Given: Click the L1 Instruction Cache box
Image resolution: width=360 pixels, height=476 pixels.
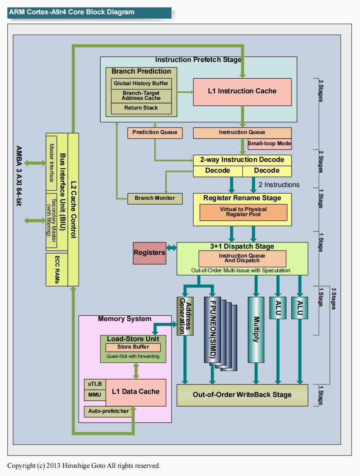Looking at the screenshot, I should (242, 91).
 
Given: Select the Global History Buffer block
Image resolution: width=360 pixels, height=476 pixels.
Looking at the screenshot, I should (141, 83).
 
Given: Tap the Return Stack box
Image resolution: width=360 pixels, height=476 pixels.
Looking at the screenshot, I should (141, 108).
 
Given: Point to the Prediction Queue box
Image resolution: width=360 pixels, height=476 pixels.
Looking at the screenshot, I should (154, 132).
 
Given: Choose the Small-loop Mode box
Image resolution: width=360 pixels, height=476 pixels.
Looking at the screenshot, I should (269, 144).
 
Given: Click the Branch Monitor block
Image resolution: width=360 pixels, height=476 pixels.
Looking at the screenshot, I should (154, 198).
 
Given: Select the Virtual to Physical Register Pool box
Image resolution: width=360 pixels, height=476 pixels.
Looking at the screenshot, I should (243, 212).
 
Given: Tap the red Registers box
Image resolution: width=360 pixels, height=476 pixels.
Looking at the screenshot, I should (149, 253).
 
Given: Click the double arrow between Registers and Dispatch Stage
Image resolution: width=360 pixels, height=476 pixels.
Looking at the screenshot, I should (171, 247).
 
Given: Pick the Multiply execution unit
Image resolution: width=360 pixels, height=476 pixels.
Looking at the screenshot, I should (256, 329).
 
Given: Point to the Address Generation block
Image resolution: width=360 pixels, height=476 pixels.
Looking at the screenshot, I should (185, 316).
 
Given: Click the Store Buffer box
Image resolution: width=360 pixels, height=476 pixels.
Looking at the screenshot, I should (133, 347).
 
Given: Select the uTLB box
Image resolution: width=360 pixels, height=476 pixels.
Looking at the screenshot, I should (95, 384).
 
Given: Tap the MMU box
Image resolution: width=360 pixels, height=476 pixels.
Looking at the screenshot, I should (95, 395).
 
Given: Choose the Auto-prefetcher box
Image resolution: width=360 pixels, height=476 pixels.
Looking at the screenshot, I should (108, 411).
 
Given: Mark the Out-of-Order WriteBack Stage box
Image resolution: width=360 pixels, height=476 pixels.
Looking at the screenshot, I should (242, 395).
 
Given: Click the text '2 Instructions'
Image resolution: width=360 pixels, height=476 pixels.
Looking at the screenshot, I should (279, 185).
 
